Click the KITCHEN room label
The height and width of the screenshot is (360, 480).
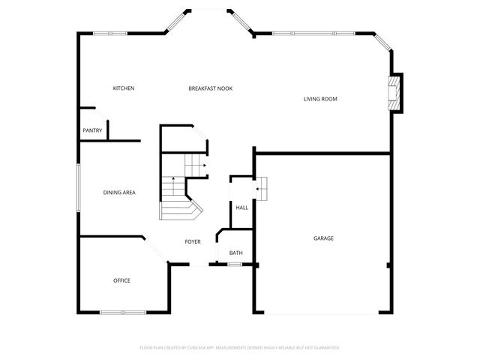124,88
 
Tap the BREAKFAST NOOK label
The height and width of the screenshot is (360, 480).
210,88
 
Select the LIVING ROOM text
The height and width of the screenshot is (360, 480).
320,99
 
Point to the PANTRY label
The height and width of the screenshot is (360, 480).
92,130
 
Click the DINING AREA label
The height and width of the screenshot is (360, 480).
119,193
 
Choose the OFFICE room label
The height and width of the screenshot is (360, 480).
121,280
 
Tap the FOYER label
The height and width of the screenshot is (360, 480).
193,241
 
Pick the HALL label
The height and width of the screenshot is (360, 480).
242,208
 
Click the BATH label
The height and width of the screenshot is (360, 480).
236,253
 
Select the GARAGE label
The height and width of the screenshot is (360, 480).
323,238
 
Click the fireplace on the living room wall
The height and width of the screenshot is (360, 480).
394,93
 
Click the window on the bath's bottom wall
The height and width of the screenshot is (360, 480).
235,265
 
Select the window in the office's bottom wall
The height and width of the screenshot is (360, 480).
123,312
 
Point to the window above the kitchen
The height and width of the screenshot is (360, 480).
112,33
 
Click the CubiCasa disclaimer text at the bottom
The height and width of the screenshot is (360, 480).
240,347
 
